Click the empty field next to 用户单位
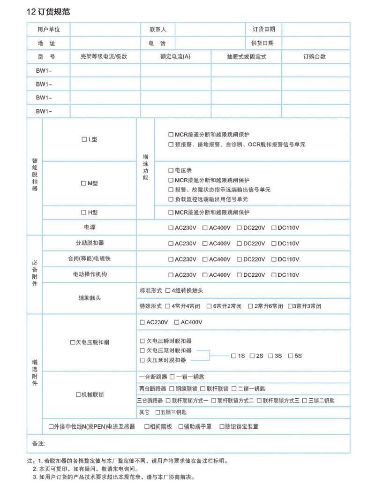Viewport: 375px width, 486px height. (x=105, y=29)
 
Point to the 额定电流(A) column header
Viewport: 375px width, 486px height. (x=175, y=57)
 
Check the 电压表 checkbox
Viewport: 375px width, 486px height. (x=171, y=171)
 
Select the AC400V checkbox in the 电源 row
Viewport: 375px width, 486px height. (x=205, y=228)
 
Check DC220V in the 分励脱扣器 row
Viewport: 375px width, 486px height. (x=240, y=244)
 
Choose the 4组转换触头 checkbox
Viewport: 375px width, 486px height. (x=168, y=291)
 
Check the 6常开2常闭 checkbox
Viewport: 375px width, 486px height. (x=209, y=306)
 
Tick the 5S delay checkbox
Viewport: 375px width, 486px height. (x=291, y=356)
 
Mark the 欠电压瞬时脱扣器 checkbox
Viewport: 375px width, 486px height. (x=142, y=341)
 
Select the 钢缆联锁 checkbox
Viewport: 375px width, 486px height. (x=172, y=389)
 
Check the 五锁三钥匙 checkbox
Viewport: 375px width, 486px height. (x=157, y=412)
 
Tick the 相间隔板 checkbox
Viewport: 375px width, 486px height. (x=147, y=427)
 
